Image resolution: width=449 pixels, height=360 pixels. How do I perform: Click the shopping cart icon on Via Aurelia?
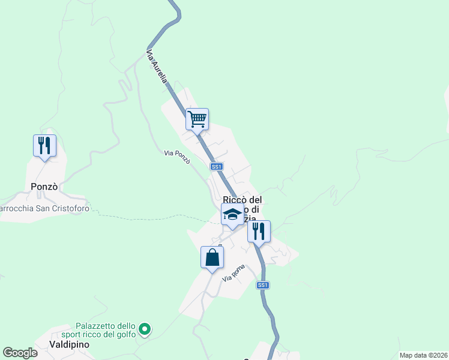[197, 119]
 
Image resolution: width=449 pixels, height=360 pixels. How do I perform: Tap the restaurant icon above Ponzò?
[44, 145]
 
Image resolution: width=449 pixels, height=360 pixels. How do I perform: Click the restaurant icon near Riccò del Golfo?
[259, 231]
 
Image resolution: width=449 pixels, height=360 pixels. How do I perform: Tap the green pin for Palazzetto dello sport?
[144, 329]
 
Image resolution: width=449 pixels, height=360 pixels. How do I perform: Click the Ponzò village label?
[44, 187]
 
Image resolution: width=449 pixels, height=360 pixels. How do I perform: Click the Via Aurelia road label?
[160, 67]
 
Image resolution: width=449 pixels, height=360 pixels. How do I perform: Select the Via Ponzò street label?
[177, 154]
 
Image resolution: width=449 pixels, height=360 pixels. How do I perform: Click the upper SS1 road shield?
[217, 166]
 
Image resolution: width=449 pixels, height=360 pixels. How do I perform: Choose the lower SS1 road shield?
[262, 285]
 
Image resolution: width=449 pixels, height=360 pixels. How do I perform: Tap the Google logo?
[20, 353]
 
